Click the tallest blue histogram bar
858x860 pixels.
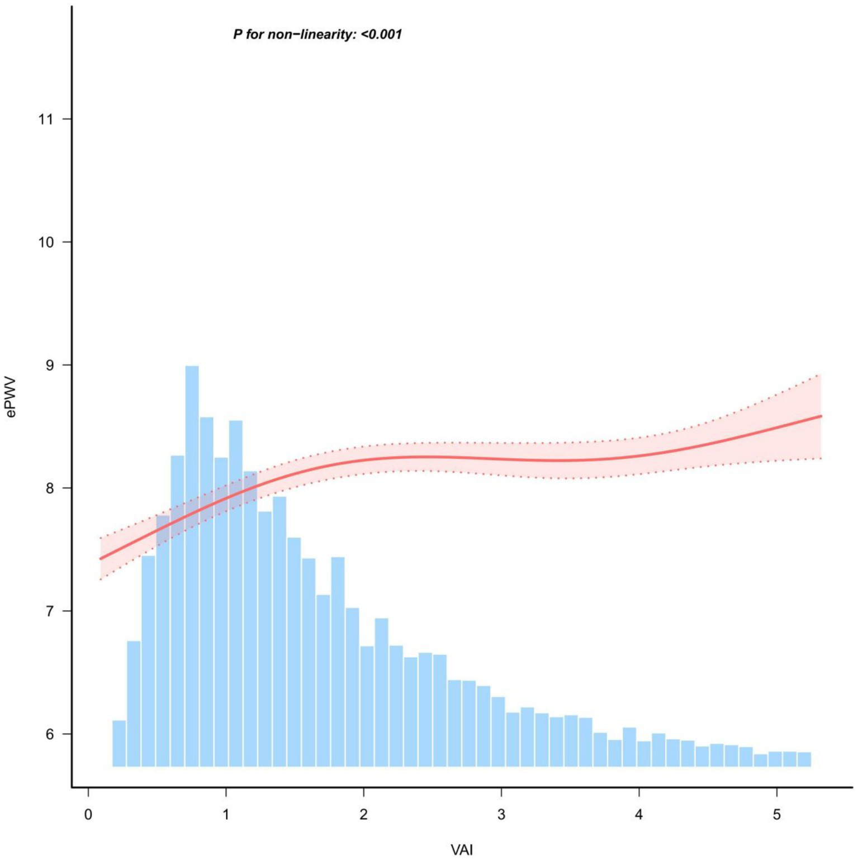[x=192, y=564]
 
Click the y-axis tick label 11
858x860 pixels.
[x=46, y=119]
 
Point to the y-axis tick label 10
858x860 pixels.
[x=46, y=242]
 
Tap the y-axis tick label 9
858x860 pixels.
[x=50, y=365]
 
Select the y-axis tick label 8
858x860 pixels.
[x=50, y=488]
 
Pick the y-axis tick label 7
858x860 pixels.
[x=50, y=611]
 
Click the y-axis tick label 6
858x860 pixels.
[x=50, y=734]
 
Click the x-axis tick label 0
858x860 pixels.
[x=88, y=815]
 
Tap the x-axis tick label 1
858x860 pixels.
[x=226, y=815]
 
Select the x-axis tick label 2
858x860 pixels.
[x=364, y=815]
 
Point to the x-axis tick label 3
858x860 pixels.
[x=501, y=815]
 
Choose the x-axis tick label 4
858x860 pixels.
[x=639, y=815]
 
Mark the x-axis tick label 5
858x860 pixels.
[x=777, y=815]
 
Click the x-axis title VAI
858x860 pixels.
[x=462, y=850]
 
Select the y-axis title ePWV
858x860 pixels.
[x=11, y=397]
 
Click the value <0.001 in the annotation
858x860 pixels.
[x=381, y=35]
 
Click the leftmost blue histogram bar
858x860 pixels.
[x=119, y=743]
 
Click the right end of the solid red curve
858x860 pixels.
[x=820, y=416]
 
